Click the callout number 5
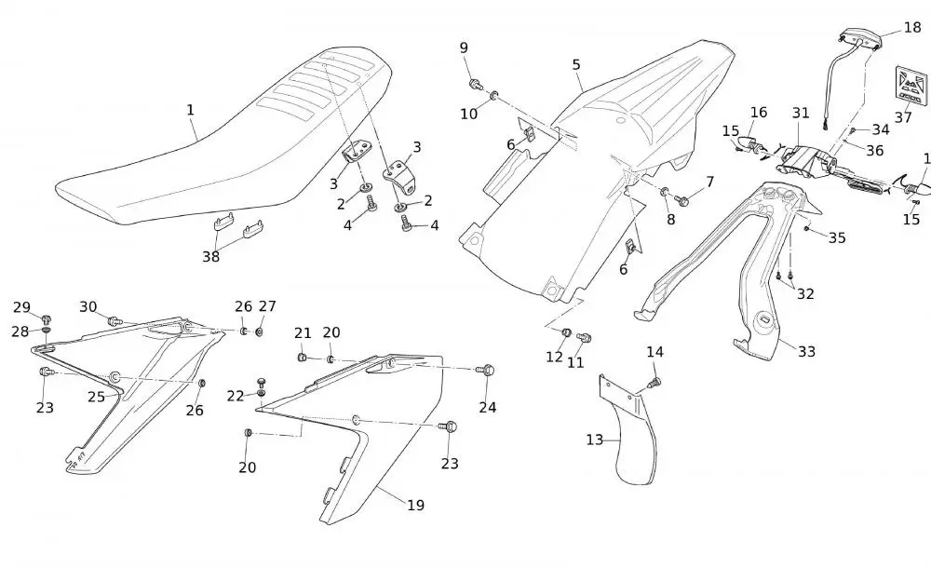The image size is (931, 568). point(576,64)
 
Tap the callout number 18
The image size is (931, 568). point(911,27)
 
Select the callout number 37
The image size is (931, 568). point(903,117)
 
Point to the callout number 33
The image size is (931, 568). point(806,351)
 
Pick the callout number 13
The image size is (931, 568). point(595,440)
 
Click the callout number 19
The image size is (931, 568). point(415,505)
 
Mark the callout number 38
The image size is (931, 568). point(211,256)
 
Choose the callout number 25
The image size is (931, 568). point(96,397)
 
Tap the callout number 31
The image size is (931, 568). point(801,113)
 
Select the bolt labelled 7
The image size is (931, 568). point(682,198)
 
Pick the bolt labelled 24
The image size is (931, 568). point(487,371)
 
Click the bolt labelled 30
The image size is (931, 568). point(115,321)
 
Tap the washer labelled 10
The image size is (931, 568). point(493,95)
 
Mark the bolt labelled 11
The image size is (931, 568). point(585,337)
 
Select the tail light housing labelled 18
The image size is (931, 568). point(859,36)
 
